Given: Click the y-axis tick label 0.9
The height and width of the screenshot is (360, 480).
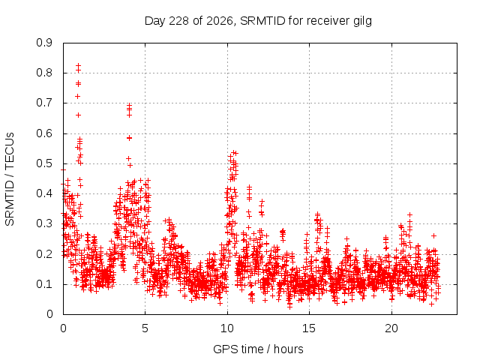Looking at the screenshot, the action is (44, 43).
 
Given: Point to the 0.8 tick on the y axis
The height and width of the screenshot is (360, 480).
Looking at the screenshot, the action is (44, 73).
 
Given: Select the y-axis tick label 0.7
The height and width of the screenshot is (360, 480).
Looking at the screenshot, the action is (44, 103).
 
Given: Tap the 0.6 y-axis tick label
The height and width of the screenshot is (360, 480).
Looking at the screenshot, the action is (44, 133).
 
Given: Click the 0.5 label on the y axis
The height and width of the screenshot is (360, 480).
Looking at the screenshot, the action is (44, 163).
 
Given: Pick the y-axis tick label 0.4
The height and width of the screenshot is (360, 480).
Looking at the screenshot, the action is (44, 193).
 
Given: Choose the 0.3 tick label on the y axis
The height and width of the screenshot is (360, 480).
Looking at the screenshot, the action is (44, 223).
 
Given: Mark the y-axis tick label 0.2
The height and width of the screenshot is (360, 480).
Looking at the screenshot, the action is (44, 254).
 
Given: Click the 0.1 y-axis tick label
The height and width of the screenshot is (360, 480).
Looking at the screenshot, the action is (44, 284).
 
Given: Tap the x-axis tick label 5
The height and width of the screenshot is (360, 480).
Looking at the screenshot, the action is (145, 328).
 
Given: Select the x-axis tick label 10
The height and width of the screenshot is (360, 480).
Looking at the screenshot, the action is (227, 328).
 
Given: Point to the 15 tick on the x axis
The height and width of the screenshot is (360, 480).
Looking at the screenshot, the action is (309, 328).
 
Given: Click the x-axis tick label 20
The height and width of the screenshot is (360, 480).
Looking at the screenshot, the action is (391, 328).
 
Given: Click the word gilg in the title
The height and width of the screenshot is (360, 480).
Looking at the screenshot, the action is (362, 22).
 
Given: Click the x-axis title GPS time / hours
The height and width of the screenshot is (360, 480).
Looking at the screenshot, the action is (258, 349).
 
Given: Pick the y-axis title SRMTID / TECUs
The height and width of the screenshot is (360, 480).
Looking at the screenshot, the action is (10, 179).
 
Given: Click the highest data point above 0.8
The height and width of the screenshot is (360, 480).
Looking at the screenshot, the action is (78, 65).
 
